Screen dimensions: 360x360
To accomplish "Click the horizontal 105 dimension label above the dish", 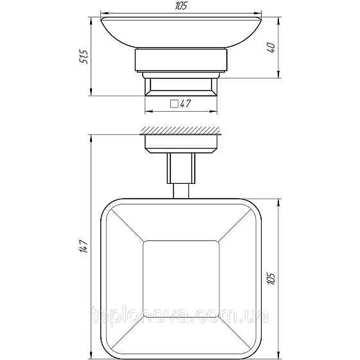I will [x=181, y=6].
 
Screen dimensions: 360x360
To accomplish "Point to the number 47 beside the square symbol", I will [x=187, y=104].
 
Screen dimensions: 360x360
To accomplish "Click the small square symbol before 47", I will [x=174, y=104].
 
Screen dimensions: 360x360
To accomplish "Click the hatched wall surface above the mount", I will [x=180, y=130].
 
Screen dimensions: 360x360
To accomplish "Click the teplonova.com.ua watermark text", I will [x=180, y=316].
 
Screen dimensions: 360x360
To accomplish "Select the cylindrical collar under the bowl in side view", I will [x=181, y=62].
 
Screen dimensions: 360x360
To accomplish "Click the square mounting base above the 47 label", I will [x=181, y=85].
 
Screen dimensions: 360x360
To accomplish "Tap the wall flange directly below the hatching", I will [x=181, y=143].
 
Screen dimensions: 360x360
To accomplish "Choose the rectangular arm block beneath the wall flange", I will [x=181, y=168].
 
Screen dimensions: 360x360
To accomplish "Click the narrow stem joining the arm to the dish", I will [x=181, y=191].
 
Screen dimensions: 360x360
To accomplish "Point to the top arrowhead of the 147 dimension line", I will [x=93, y=137].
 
